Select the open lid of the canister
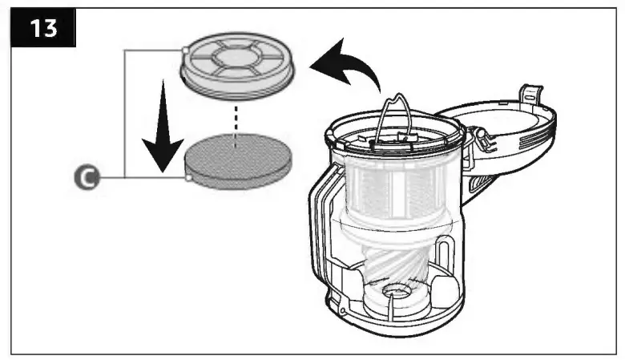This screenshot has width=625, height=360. pyautogui.click(x=501, y=128)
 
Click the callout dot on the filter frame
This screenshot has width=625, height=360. pyautogui.click(x=185, y=50)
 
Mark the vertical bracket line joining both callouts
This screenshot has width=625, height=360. pyautogui.click(x=125, y=112)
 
